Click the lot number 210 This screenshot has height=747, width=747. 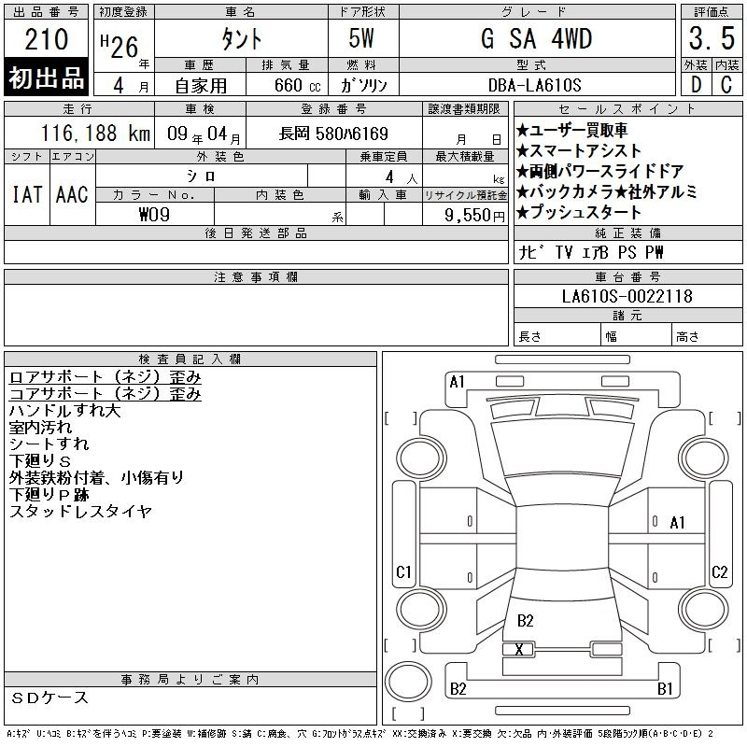46,39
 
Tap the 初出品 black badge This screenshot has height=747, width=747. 46,78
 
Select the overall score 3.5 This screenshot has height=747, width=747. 712,38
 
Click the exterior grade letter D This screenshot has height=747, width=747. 696,84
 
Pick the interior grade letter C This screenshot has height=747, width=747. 726,84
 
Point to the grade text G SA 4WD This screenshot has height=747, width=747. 536,38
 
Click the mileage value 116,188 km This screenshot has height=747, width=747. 96,133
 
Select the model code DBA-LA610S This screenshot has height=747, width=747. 534,85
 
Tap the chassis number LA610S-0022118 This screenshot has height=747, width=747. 627,296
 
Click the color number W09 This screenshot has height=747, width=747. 154,215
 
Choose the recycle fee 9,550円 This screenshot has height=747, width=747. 474,216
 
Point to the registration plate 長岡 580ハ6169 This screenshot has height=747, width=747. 333,134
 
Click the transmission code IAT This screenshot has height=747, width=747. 27,194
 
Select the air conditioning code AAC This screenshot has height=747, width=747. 72,194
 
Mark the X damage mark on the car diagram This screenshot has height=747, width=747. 519,649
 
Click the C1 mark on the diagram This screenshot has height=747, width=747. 403,571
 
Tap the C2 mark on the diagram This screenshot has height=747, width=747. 719,571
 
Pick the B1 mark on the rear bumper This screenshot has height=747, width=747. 665,688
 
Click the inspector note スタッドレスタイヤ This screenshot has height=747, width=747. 80,512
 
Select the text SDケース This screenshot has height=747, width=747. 49,698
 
